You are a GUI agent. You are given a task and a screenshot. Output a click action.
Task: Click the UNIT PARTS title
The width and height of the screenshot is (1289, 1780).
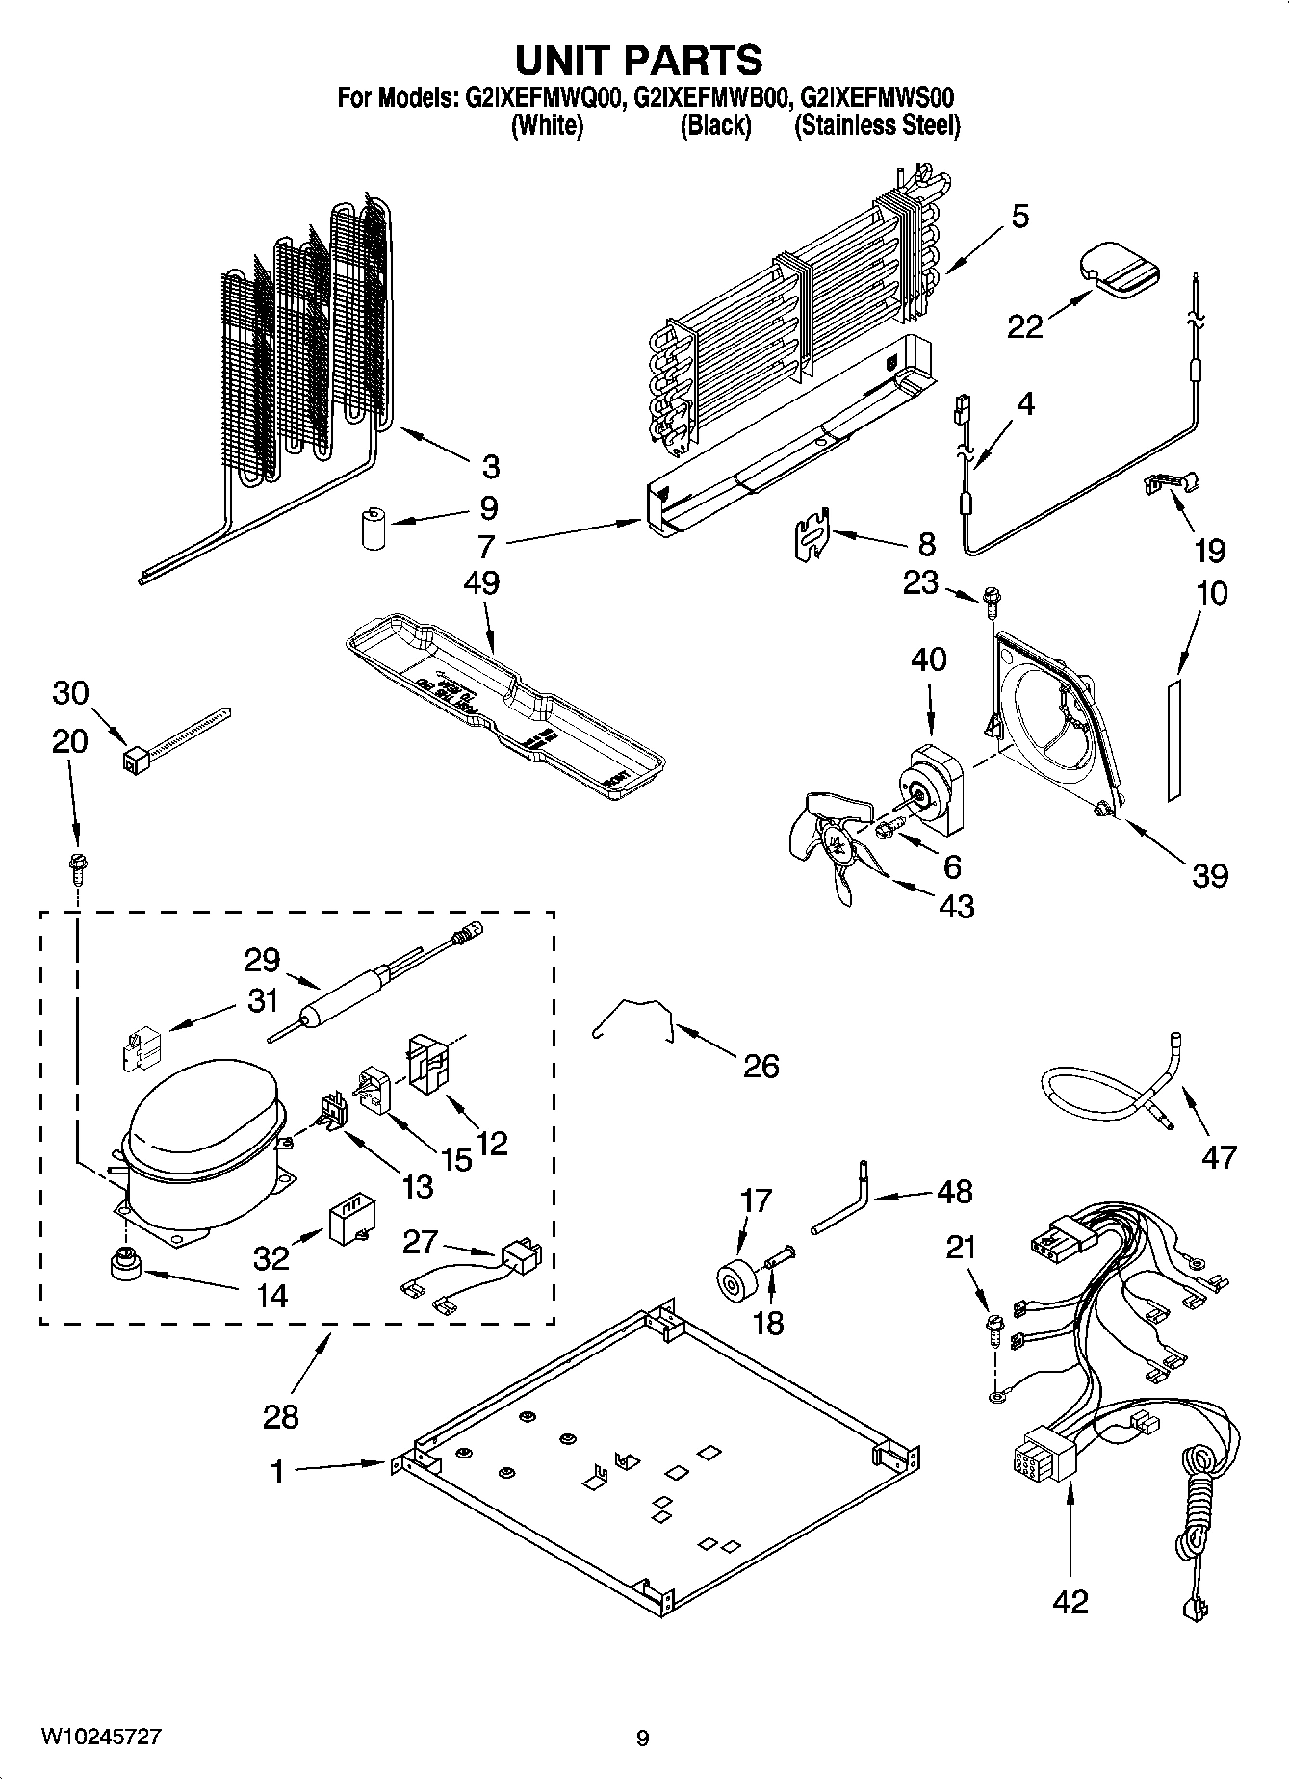(x=639, y=60)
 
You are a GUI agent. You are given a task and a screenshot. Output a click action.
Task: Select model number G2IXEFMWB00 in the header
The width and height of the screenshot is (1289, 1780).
(x=709, y=97)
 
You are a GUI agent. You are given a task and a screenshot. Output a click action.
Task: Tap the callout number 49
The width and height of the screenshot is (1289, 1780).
(x=481, y=583)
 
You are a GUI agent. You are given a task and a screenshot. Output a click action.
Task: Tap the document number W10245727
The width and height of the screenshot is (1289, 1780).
(x=100, y=1737)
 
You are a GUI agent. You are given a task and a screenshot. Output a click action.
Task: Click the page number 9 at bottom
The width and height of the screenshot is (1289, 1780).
(x=642, y=1738)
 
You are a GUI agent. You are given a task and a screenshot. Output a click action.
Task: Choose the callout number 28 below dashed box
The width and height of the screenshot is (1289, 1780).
(x=280, y=1415)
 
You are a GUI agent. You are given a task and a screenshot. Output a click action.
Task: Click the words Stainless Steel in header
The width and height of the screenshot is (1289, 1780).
(x=877, y=125)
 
